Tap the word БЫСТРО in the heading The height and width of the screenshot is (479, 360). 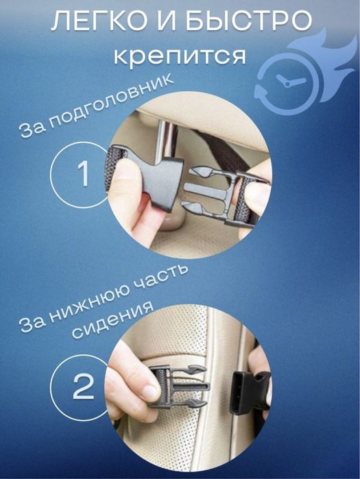coord(248,24)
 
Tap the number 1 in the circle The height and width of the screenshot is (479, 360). coord(83,175)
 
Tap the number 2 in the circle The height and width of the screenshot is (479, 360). coord(83,388)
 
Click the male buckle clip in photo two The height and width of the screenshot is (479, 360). coord(178,387)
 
